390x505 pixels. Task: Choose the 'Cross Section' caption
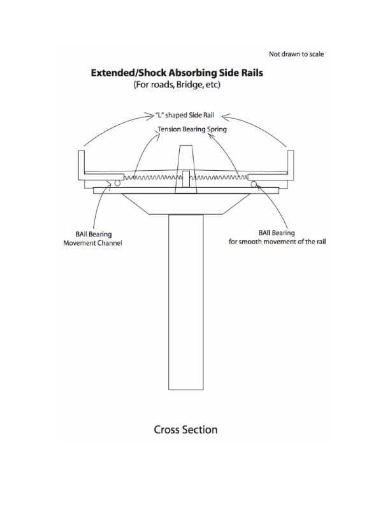[x=185, y=429]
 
